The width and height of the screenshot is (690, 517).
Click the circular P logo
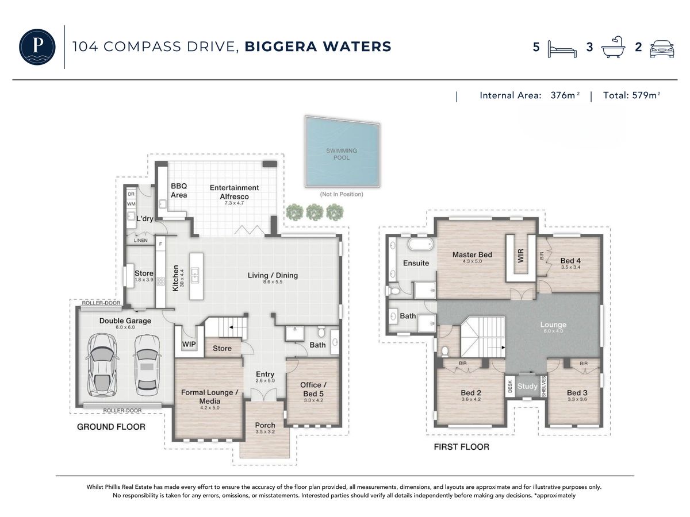coord(37,47)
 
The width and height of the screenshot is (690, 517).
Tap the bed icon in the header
coord(562,49)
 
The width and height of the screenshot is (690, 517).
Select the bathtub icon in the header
coord(613,47)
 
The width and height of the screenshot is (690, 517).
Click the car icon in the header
coord(662,49)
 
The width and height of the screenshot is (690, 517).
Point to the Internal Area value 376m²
coord(565,95)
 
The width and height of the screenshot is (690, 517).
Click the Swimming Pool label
coord(342,154)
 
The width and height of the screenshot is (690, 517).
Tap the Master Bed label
coord(472,254)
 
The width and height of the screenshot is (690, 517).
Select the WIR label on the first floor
coord(520,256)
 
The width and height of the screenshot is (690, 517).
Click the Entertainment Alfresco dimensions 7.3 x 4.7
coord(234,203)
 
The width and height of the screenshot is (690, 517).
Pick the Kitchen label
coord(175,278)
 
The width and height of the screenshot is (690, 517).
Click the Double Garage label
coord(125,321)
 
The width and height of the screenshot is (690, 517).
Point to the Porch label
coord(265,425)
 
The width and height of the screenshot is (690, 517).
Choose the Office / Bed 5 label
coord(313,389)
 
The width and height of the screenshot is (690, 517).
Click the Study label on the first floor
coord(527,386)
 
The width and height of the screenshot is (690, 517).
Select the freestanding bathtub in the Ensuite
coord(420,244)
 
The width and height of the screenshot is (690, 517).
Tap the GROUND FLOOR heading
coord(112,427)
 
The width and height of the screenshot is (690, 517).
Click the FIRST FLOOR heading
coord(462,447)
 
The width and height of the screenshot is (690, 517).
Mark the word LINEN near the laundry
coord(140,241)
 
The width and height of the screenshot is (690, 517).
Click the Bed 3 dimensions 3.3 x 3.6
coord(577,400)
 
